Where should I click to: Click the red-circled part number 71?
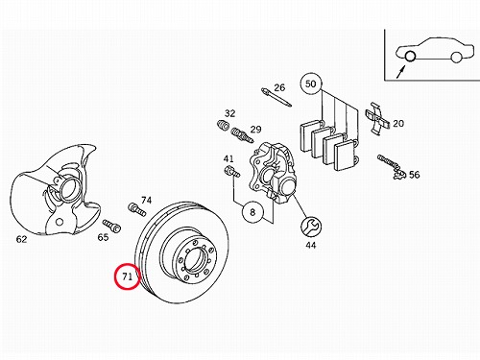(128, 276)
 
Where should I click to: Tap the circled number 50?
(310, 84)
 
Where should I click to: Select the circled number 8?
(252, 212)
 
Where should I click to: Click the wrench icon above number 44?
(311, 227)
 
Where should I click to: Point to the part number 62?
(21, 239)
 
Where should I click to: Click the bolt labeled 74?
(137, 209)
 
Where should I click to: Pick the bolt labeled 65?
(112, 226)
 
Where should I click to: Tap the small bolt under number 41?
(232, 171)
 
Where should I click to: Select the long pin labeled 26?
(276, 97)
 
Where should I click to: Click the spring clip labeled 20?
(377, 118)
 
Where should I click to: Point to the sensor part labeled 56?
(392, 166)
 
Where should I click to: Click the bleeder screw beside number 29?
(242, 135)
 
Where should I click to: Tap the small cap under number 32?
(223, 125)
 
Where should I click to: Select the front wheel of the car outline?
(410, 57)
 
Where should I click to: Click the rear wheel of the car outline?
(456, 57)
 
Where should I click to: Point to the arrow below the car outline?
(400, 72)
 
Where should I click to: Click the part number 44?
(311, 245)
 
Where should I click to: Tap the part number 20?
(398, 123)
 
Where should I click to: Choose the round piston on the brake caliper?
(288, 186)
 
